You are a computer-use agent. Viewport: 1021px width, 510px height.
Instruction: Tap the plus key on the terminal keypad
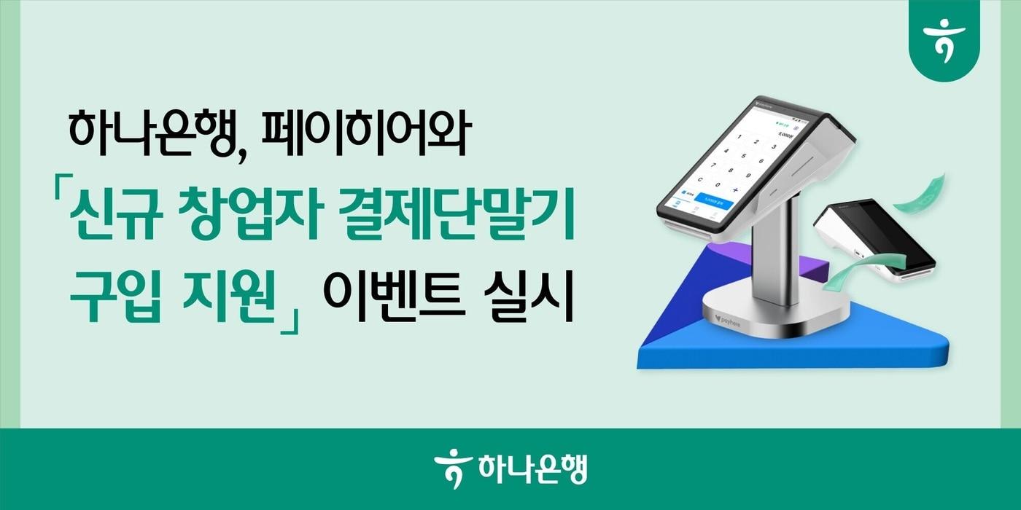click(736, 189)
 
